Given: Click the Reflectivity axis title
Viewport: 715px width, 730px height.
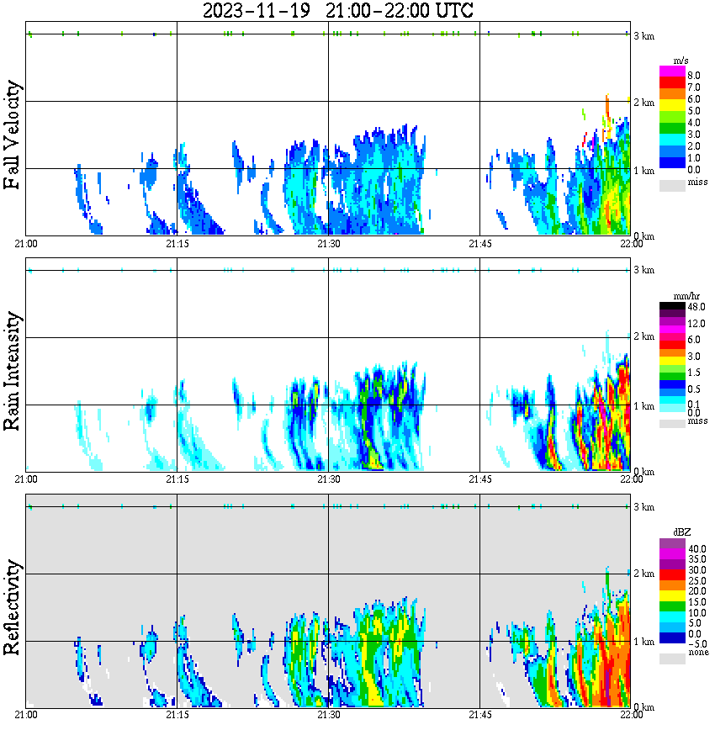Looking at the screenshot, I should (12, 610).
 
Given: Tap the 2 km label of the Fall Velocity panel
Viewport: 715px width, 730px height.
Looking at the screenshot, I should (644, 103).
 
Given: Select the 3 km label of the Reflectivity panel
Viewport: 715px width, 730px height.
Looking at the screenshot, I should (644, 507).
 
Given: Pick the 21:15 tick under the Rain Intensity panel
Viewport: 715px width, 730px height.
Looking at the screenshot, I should (177, 479).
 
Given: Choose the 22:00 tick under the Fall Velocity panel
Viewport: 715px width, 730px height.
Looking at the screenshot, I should (631, 244).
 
